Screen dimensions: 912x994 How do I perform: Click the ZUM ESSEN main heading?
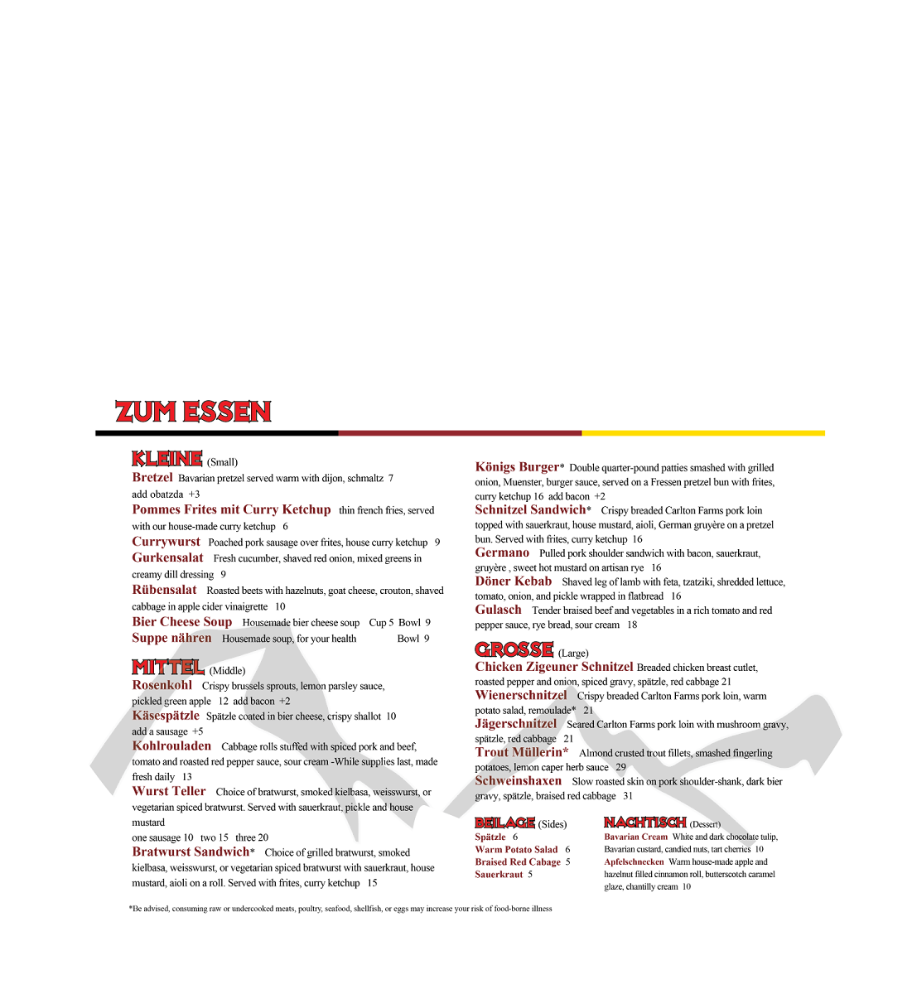193,412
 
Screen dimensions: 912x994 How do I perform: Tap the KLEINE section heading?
167,459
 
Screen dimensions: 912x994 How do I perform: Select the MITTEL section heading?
168,667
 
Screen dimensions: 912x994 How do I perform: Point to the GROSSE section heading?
514,649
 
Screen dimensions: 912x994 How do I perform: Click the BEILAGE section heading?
504,823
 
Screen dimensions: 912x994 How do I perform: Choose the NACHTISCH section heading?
644,823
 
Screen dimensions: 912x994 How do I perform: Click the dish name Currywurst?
166,542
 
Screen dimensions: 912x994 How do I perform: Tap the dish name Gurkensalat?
167,557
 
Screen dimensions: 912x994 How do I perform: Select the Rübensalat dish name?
164,590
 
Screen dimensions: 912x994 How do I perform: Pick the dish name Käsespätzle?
166,716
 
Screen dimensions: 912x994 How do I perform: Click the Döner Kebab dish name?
513,581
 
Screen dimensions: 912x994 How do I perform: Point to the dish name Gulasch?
498,610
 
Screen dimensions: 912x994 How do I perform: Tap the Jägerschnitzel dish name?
515,724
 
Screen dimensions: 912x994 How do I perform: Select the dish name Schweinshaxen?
518,781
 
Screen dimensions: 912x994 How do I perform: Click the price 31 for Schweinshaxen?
628,796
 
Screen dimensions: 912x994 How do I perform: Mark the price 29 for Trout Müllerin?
620,767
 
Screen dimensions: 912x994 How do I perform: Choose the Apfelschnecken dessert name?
634,861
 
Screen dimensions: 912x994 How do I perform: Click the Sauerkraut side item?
499,874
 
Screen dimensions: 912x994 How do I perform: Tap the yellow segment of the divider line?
702,433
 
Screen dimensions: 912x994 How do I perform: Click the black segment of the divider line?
216,433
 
